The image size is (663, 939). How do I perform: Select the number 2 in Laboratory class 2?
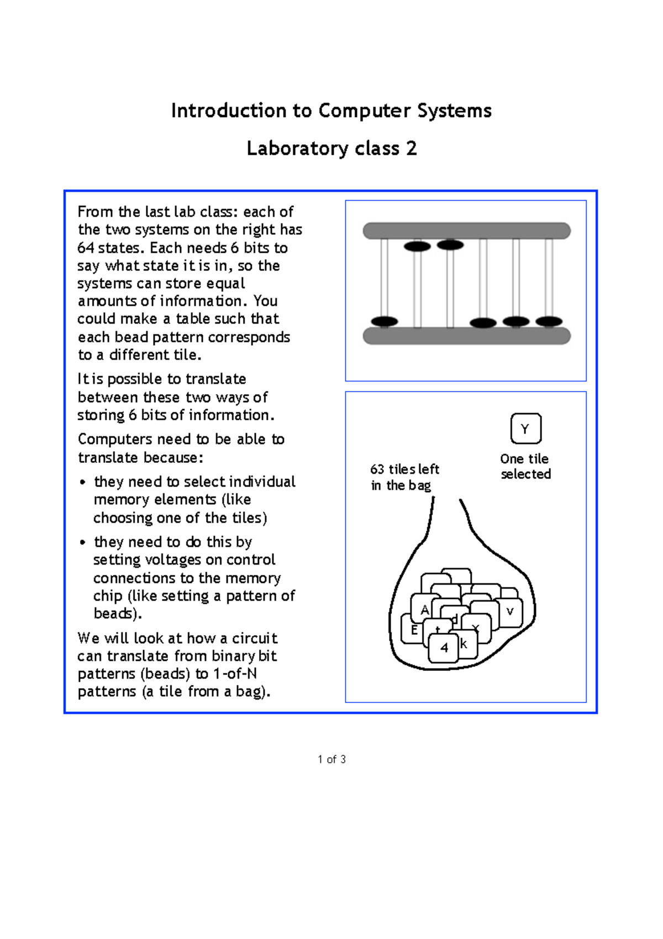pyautogui.click(x=411, y=148)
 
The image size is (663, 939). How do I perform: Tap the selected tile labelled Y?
pyautogui.click(x=525, y=429)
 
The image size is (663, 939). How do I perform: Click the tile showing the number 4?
pyautogui.click(x=444, y=648)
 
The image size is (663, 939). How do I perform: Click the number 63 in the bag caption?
pyautogui.click(x=377, y=470)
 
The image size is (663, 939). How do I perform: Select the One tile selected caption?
pyautogui.click(x=525, y=466)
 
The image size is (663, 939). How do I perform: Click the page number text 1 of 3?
pyautogui.click(x=331, y=759)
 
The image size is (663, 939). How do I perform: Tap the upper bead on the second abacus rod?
pyautogui.click(x=417, y=246)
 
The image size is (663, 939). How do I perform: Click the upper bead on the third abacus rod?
pyautogui.click(x=450, y=244)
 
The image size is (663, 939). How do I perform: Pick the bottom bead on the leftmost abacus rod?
pyautogui.click(x=385, y=321)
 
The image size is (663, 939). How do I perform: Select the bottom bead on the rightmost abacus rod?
pyautogui.click(x=549, y=321)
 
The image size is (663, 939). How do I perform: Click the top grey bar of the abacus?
pyautogui.click(x=466, y=231)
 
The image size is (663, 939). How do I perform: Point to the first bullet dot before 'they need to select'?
pyautogui.click(x=82, y=482)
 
